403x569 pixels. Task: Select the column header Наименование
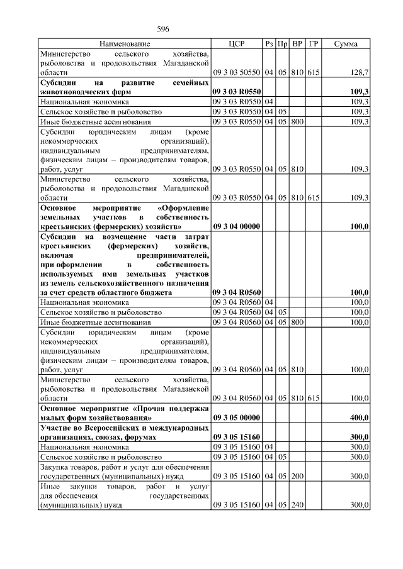tap(125, 44)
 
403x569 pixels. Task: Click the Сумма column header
tap(346, 44)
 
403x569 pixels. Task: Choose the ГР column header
tap(314, 44)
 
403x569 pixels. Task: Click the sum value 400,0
tap(359, 417)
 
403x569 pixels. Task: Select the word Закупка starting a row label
tap(55, 467)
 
